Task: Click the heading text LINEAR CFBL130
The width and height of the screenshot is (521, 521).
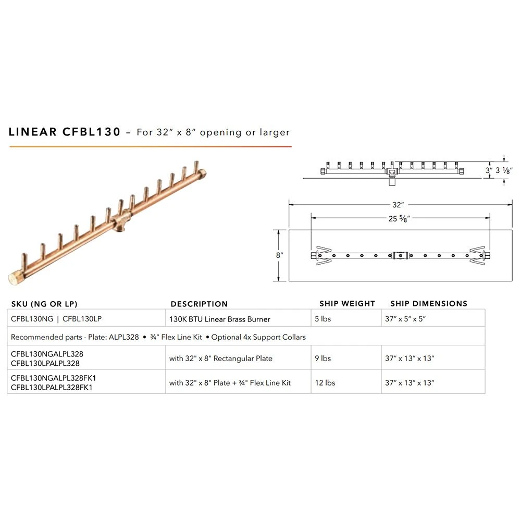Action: pos(64,132)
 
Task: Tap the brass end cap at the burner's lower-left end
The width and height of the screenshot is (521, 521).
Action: pos(15,278)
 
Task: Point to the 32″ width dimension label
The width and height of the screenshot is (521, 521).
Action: pos(398,205)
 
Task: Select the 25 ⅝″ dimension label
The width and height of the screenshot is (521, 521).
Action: pos(399,218)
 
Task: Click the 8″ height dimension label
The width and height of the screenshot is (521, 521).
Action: pos(279,255)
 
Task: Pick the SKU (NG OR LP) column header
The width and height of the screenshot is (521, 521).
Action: pos(44,304)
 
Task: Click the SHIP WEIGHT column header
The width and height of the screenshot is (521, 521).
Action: pos(347,304)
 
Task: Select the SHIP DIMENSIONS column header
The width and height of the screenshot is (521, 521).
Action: pos(429,304)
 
